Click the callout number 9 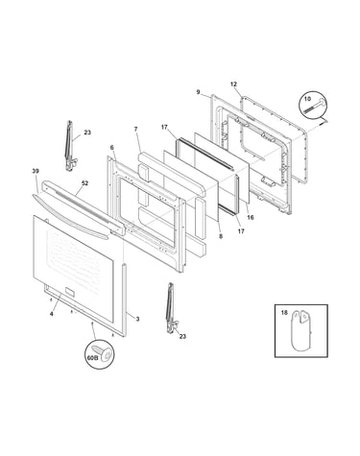click(x=198, y=92)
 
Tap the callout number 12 click(x=233, y=84)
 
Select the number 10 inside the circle click(x=307, y=99)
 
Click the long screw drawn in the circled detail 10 click(x=315, y=107)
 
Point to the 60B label click(x=92, y=358)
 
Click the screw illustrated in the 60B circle click(x=103, y=352)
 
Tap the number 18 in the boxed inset click(x=284, y=313)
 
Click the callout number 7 click(x=135, y=129)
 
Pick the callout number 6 click(x=111, y=148)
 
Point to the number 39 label click(x=36, y=171)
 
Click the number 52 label click(x=84, y=183)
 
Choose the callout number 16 click(x=251, y=217)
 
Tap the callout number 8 click(x=221, y=236)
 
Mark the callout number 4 click(x=52, y=314)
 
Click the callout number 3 click(x=137, y=319)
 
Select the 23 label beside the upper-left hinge click(x=87, y=132)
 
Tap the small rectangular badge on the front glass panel click(x=69, y=292)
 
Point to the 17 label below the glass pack click(x=241, y=231)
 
